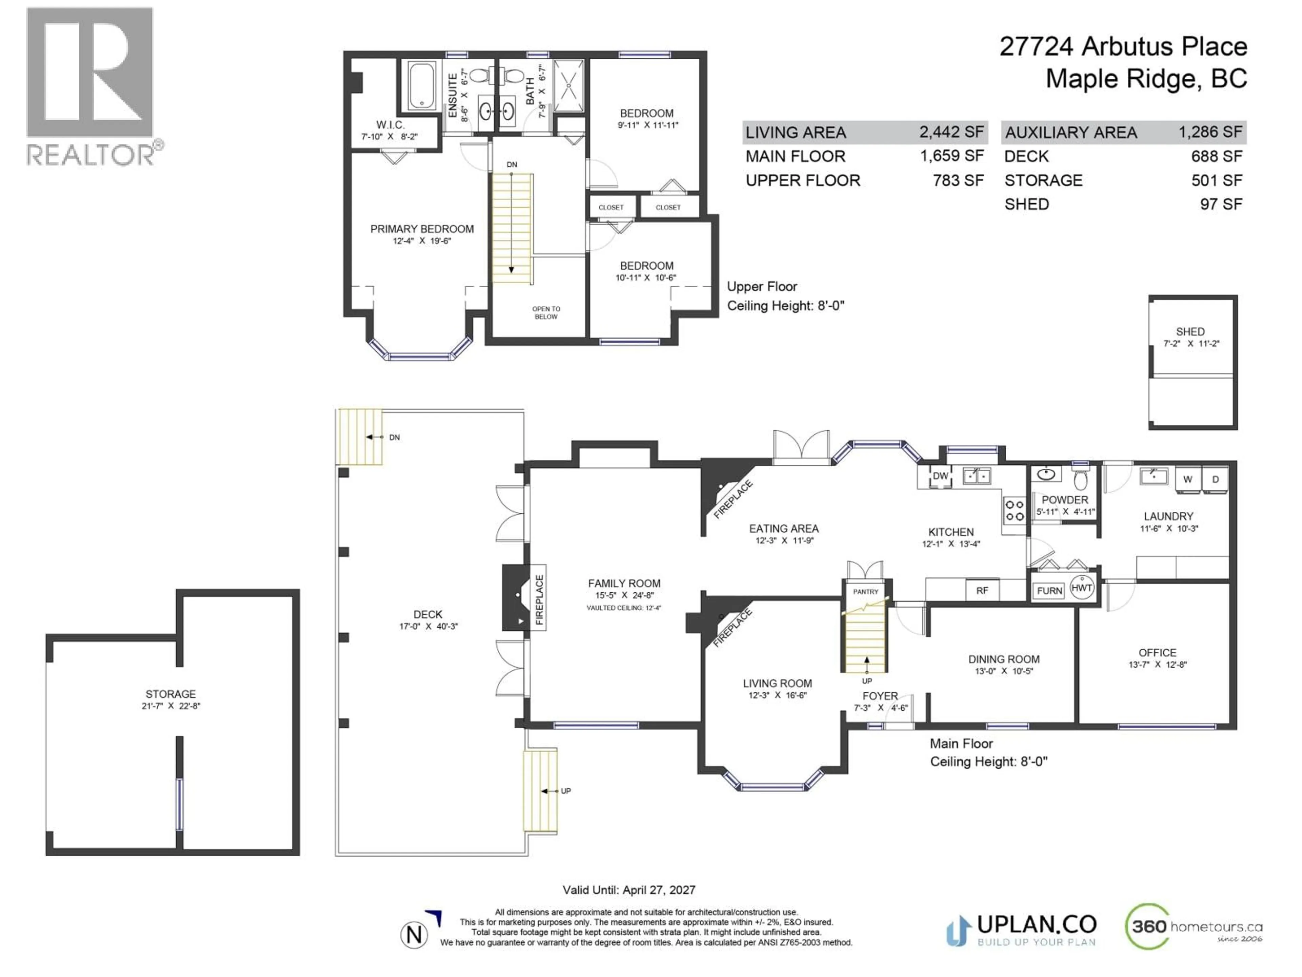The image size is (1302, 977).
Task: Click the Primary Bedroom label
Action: pyautogui.click(x=421, y=229)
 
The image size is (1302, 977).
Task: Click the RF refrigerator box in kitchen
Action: pyautogui.click(x=982, y=590)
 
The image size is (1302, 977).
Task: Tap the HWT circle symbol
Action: pyautogui.click(x=1081, y=588)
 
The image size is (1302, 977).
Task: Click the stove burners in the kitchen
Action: pyautogui.click(x=1014, y=510)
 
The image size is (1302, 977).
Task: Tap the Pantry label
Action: pyautogui.click(x=865, y=591)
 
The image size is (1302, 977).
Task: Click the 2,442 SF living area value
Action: pyautogui.click(x=951, y=132)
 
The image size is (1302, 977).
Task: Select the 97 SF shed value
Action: pyautogui.click(x=1221, y=204)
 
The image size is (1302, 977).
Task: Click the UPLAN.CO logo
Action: pyautogui.click(x=1021, y=929)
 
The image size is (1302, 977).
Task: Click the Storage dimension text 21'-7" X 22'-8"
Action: pyautogui.click(x=171, y=706)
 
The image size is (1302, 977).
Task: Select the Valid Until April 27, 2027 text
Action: pyautogui.click(x=629, y=890)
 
